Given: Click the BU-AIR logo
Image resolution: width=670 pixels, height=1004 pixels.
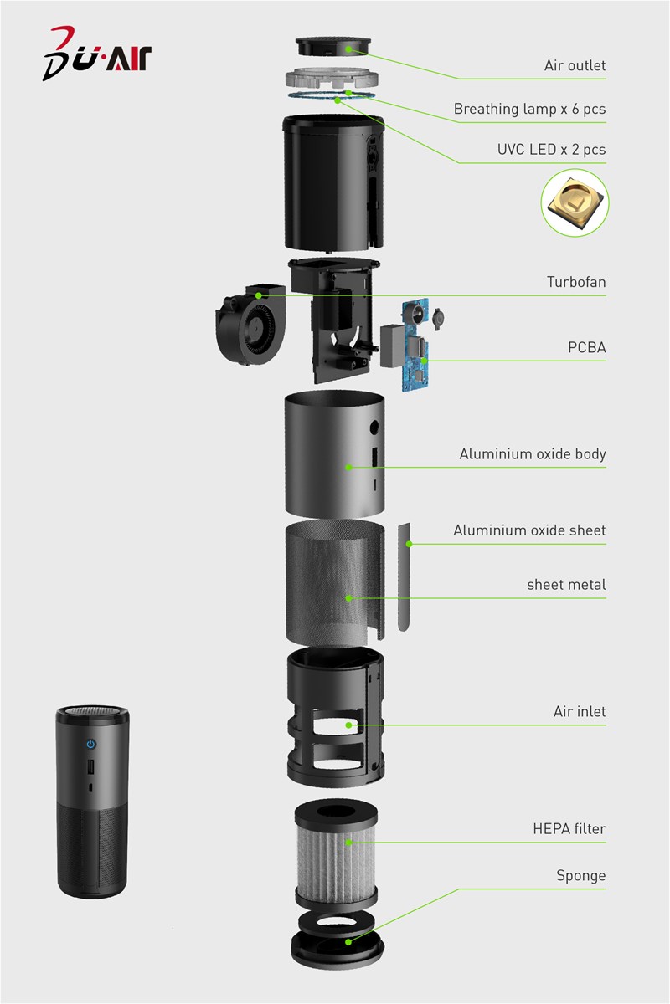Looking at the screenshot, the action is pyautogui.click(x=97, y=54).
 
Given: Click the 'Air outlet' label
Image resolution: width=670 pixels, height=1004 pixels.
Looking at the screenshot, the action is pyautogui.click(x=575, y=66).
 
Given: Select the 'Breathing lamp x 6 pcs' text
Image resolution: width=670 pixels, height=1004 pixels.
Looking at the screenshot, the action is pyautogui.click(x=529, y=110).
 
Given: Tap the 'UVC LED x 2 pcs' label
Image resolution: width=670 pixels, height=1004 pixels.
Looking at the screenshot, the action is pyautogui.click(x=552, y=150).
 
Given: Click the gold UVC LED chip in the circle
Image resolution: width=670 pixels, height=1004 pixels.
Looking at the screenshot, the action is pyautogui.click(x=575, y=202).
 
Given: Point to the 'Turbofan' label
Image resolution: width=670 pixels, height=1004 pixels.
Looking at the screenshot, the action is pyautogui.click(x=576, y=282).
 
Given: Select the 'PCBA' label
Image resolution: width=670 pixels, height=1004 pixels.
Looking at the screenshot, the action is pyautogui.click(x=587, y=347).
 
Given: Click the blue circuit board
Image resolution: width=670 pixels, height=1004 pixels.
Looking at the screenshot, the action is pyautogui.click(x=415, y=345).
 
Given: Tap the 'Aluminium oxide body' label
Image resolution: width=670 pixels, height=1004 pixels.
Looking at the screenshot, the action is pyautogui.click(x=532, y=454).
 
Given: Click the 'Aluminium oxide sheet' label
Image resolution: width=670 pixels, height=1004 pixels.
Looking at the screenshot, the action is pyautogui.click(x=529, y=530).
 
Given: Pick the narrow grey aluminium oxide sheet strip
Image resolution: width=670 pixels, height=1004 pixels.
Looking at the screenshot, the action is pyautogui.click(x=405, y=577).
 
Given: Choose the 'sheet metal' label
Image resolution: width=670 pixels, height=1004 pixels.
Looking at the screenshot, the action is pyautogui.click(x=566, y=585).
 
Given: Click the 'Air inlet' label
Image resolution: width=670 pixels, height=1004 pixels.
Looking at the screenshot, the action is pyautogui.click(x=580, y=712).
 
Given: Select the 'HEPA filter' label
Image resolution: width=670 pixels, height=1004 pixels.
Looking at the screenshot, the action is pyautogui.click(x=569, y=829).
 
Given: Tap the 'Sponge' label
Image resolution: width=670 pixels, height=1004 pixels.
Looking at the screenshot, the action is pyautogui.click(x=581, y=876).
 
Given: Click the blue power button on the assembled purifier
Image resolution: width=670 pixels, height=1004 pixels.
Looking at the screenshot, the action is pyautogui.click(x=91, y=745).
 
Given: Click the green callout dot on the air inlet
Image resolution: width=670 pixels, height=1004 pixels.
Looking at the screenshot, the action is pyautogui.click(x=348, y=725).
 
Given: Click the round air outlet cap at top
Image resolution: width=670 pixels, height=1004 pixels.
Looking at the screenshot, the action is pyautogui.click(x=333, y=47).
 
